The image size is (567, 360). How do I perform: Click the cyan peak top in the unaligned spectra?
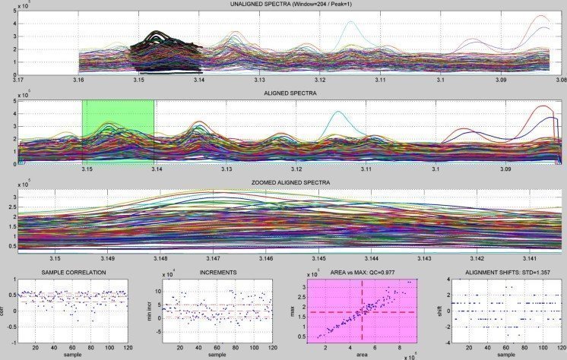point(350,22)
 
